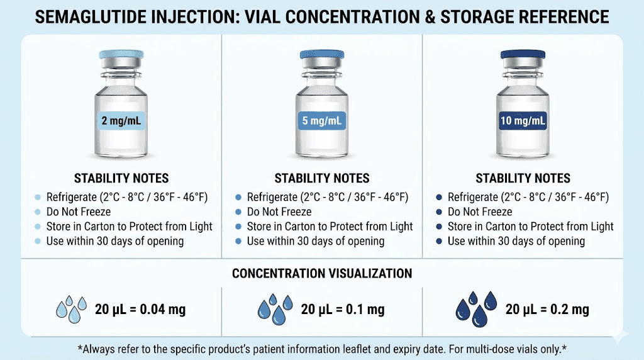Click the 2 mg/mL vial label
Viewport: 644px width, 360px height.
(121, 120)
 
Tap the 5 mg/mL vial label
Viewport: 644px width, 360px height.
(322, 120)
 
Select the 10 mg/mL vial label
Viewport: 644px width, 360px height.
(523, 120)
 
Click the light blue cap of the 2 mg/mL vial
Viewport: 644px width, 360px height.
(121, 55)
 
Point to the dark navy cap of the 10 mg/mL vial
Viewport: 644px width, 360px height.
(523, 55)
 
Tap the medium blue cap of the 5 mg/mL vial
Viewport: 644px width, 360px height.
(322, 55)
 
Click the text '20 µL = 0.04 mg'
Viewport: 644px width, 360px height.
(140, 309)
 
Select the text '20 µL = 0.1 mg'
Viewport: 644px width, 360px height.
(343, 309)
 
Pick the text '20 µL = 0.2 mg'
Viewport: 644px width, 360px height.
(547, 309)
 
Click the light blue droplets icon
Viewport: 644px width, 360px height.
(71, 308)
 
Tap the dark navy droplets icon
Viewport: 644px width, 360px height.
(475, 308)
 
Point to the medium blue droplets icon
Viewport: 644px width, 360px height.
(275, 308)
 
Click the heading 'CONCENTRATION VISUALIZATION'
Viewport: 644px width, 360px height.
(322, 274)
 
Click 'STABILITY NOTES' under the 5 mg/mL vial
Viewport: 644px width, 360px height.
(322, 179)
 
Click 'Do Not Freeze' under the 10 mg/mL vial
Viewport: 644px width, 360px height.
(480, 211)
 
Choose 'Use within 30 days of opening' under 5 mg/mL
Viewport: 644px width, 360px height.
(315, 241)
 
